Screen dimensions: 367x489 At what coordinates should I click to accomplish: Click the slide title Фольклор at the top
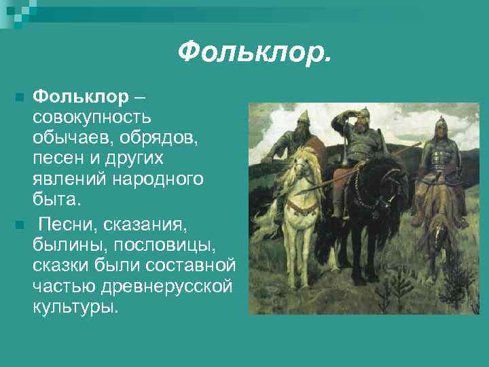click(x=255, y=50)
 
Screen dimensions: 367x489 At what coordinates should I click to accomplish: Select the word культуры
click(x=75, y=306)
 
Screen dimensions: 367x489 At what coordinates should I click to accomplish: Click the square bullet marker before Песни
click(x=20, y=224)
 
